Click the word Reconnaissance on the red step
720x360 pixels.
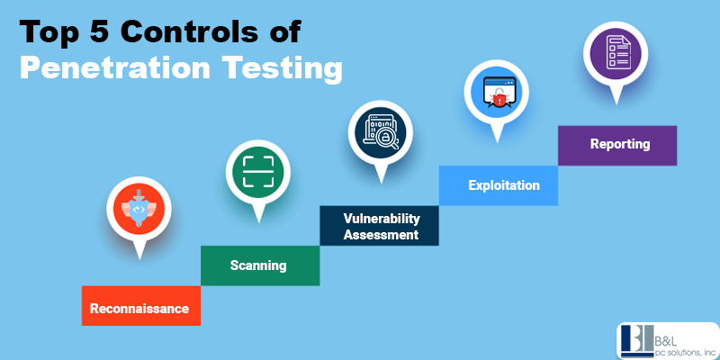[139, 308]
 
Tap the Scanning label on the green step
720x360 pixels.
[258, 265]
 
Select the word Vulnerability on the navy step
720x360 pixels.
[382, 219]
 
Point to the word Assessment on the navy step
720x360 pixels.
[381, 235]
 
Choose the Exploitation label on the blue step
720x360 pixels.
[504, 185]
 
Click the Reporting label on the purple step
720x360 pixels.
[620, 144]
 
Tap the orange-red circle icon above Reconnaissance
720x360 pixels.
[139, 209]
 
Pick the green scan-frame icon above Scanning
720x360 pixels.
[258, 172]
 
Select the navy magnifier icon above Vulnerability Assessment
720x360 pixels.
[381, 132]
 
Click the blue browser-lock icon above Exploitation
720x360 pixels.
[497, 93]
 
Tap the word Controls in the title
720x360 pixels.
[192, 32]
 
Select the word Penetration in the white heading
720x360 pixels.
[115, 68]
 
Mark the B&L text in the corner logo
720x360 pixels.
[661, 342]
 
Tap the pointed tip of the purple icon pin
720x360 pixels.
[616, 104]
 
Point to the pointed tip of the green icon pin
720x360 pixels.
[258, 223]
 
